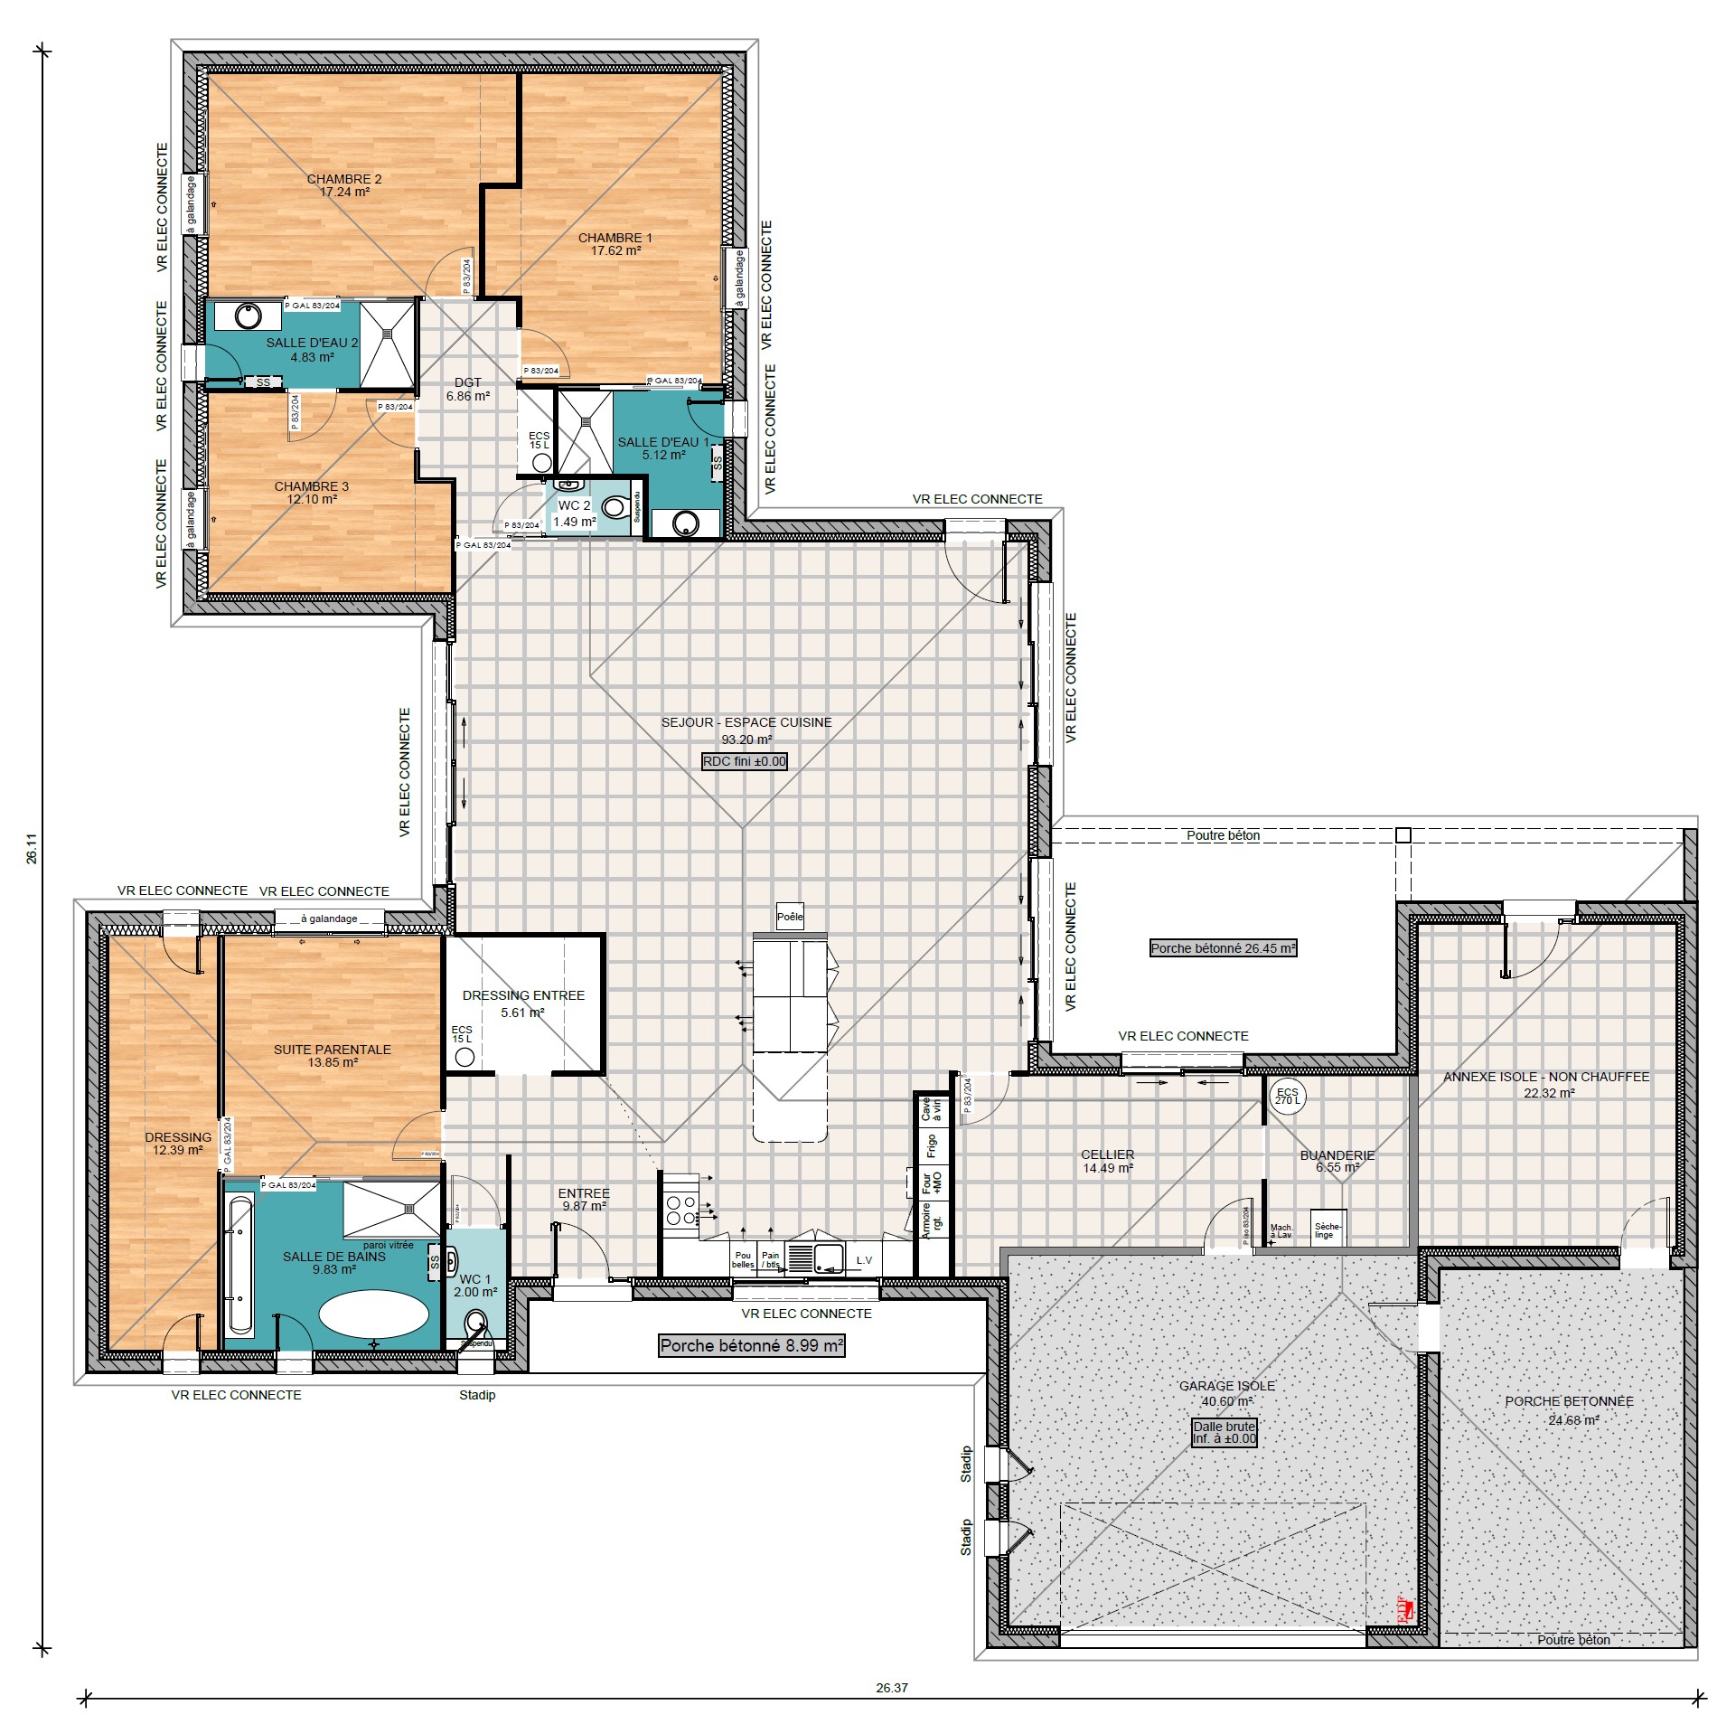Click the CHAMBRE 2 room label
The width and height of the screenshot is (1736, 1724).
(344, 179)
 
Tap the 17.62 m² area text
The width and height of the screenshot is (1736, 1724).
(615, 251)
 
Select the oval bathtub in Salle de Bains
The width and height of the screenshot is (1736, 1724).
(373, 1314)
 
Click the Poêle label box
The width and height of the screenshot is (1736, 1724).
(789, 917)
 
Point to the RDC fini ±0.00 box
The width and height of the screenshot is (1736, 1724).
(745, 761)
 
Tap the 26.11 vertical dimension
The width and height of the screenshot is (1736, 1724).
(32, 854)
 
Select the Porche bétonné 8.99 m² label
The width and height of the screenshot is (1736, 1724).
(751, 1346)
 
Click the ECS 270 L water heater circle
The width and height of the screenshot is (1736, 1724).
(1287, 1097)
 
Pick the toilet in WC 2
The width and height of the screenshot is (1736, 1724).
(615, 507)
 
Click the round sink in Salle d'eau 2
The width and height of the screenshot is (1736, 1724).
(248, 316)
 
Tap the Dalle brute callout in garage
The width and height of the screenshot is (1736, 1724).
(1224, 1432)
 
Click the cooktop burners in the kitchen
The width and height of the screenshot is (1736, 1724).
(680, 1211)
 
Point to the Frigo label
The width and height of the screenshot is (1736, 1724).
(931, 1146)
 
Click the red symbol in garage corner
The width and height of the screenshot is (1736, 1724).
(1403, 1610)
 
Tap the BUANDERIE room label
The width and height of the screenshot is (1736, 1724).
(1337, 1155)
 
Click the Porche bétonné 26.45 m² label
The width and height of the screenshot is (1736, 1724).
(1223, 948)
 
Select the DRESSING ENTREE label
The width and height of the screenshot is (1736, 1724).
(523, 995)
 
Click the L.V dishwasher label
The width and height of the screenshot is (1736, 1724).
(864, 1260)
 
